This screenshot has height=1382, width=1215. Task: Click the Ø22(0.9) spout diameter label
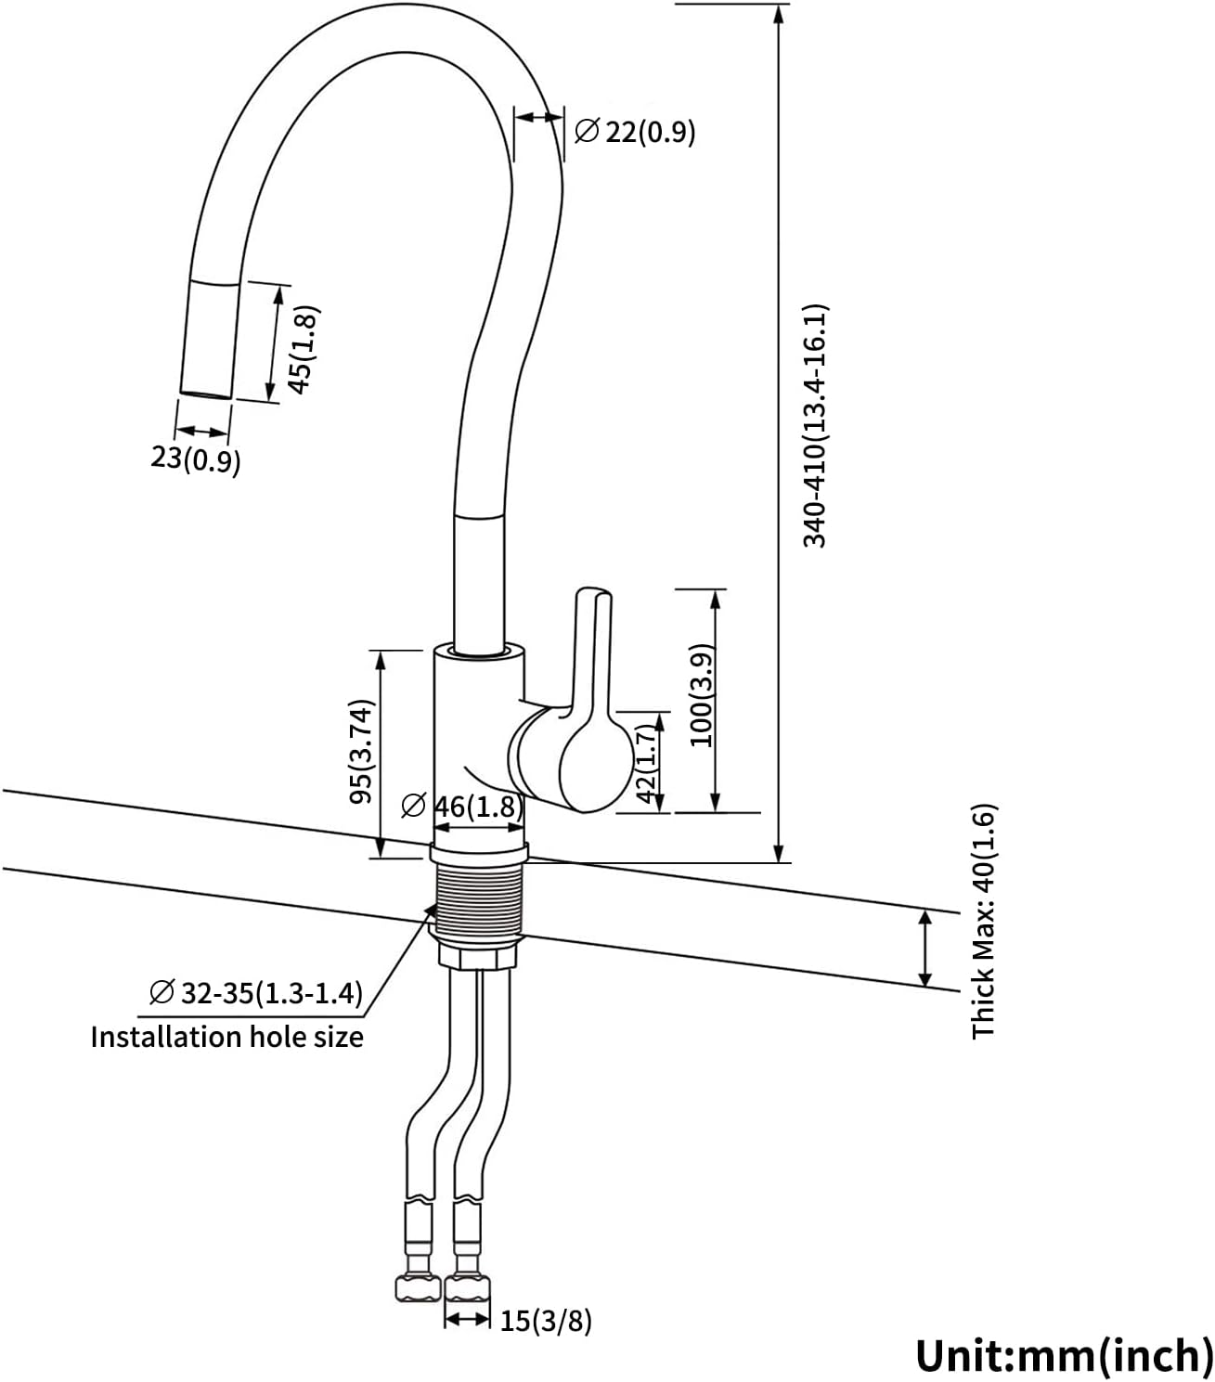point(635,132)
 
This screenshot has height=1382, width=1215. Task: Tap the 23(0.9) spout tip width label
point(195,459)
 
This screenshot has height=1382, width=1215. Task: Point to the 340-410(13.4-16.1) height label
point(815,425)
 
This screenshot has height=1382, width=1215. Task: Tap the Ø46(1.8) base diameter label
point(462,807)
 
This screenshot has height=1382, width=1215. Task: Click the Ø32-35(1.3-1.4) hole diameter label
point(255,993)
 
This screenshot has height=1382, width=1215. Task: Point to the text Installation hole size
point(226,1036)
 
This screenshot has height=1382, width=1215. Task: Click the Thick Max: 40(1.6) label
point(984,921)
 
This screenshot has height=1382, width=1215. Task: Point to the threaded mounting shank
point(479,901)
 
